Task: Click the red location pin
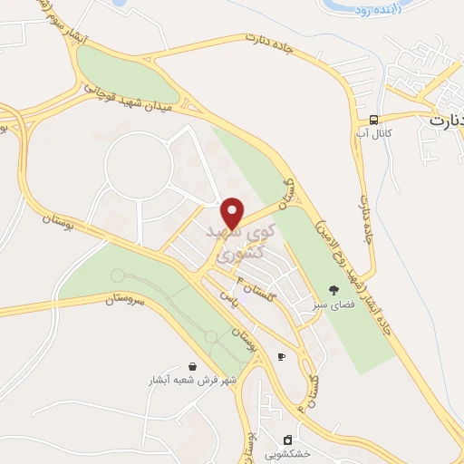pyautogui.click(x=233, y=213)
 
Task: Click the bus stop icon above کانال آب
pyautogui.click(x=373, y=121)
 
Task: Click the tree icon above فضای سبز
pyautogui.click(x=333, y=292)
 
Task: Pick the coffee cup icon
pyautogui.click(x=281, y=356)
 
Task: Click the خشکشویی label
pyautogui.click(x=288, y=454)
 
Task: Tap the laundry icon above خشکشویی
pyautogui.click(x=288, y=440)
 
